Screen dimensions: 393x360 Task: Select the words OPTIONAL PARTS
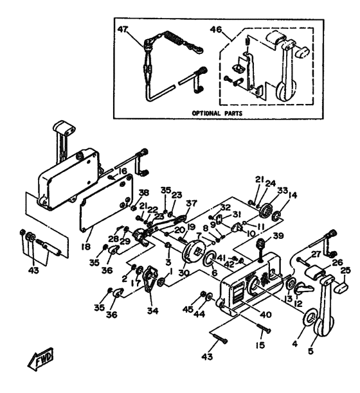[222, 112]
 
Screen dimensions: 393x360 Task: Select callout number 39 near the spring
[278, 236]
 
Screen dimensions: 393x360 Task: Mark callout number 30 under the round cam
[184, 273]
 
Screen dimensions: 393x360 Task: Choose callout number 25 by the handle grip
[345, 271]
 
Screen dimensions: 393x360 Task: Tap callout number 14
[293, 195]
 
